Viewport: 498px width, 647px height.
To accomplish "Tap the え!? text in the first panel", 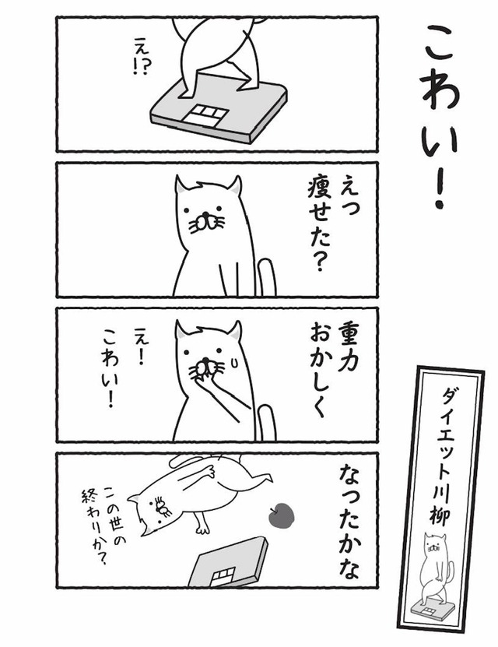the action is pos(140,56).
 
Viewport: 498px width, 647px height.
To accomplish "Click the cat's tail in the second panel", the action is pos(267,277).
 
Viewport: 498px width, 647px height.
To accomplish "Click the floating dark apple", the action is pos(281,515).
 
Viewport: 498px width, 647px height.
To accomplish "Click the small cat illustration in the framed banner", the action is pos(435,571).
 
